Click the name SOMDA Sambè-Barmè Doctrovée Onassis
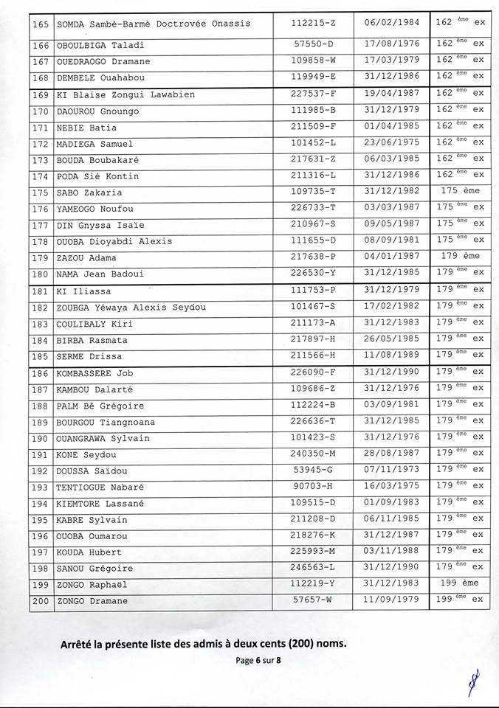[x=154, y=24]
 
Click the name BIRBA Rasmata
[x=92, y=340]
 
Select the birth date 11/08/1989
[x=391, y=355]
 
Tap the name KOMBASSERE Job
[x=94, y=373]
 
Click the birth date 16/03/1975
[x=391, y=486]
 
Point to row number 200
[x=41, y=600]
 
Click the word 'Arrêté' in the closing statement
[x=79, y=644]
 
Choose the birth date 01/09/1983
[x=391, y=502]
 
